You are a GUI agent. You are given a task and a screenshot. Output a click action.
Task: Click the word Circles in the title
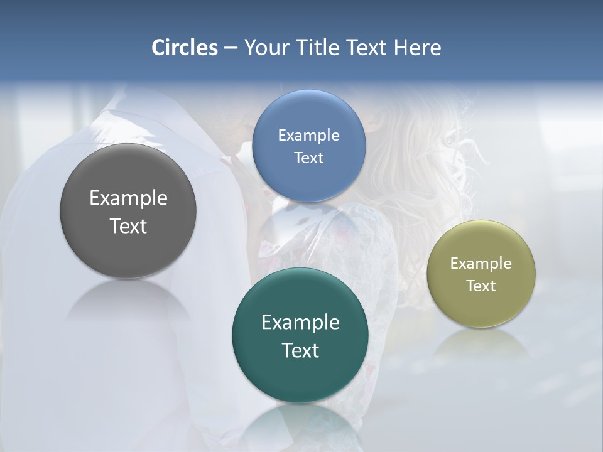[x=184, y=48]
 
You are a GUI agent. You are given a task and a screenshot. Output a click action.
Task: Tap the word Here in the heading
[x=417, y=48]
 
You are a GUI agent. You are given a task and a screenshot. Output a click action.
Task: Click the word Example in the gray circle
[x=128, y=198]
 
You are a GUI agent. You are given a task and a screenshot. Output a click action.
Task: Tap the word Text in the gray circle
[x=128, y=226]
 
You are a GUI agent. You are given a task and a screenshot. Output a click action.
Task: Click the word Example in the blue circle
[x=308, y=136]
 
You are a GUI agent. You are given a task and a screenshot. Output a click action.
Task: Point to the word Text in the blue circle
[x=308, y=158]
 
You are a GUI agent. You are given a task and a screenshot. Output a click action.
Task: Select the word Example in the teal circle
[x=300, y=323]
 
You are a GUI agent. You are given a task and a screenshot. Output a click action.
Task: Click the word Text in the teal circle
[x=300, y=350]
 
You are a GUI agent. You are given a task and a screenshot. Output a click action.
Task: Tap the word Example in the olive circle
[x=481, y=264]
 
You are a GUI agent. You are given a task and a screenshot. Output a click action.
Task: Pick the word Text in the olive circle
[x=481, y=286]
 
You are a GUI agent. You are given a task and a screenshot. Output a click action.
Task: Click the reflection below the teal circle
[x=300, y=424]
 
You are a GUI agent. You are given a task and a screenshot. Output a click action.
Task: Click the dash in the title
[x=231, y=48]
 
